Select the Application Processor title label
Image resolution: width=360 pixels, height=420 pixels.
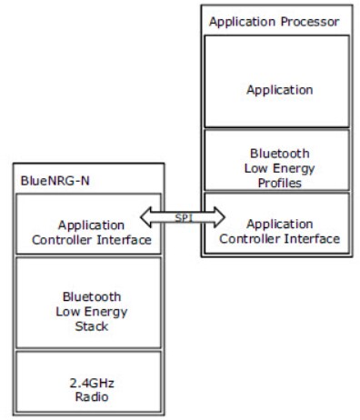[262, 20]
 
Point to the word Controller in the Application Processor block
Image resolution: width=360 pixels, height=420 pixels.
[259, 239]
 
